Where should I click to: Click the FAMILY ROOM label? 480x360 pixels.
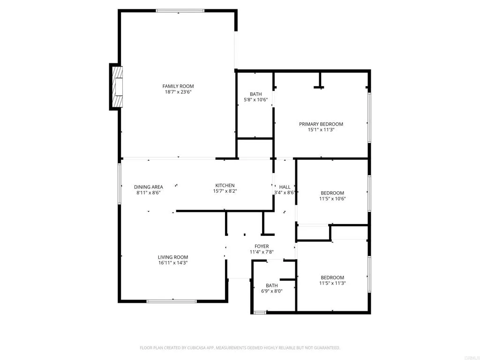pos(178,86)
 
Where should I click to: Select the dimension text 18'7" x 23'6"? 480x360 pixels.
pos(178,92)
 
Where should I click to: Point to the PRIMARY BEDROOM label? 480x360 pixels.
pos(321,124)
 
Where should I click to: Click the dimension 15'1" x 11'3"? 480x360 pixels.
pos(321,130)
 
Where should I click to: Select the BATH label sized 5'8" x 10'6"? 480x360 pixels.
pos(255,94)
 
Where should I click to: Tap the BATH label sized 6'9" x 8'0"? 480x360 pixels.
pos(272,285)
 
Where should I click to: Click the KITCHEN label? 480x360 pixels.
pos(225,186)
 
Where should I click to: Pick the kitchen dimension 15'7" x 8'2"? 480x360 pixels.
pos(225,191)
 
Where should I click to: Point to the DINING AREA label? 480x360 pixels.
pos(149,187)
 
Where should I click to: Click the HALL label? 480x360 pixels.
pos(285,187)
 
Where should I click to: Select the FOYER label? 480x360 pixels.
pos(262,247)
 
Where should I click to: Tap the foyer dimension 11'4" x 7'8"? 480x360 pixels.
pos(262,252)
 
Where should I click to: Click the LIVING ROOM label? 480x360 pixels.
pos(173,257)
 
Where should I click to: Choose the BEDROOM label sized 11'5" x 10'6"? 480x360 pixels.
pos(332,193)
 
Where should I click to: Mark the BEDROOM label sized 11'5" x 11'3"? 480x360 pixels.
pos(332,277)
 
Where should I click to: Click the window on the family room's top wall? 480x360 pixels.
pos(180,11)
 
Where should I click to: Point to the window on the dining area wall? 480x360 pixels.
pos(120,184)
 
